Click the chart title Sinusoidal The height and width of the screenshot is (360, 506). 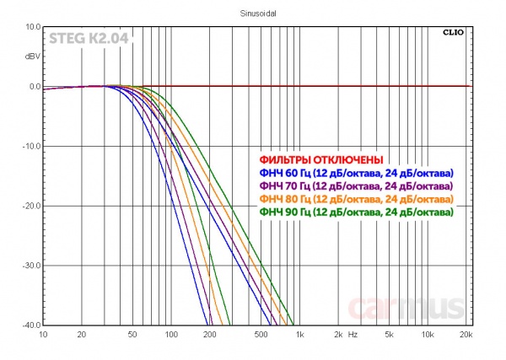click(x=252, y=13)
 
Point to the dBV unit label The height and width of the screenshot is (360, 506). click(x=32, y=56)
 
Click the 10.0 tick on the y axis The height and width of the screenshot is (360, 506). click(x=32, y=27)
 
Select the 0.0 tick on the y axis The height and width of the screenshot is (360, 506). click(x=34, y=87)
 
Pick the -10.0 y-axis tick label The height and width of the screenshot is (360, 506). click(x=30, y=147)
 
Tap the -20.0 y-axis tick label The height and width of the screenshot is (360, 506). click(x=30, y=206)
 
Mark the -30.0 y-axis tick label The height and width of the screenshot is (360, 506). click(x=30, y=266)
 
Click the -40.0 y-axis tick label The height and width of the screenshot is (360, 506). click(x=30, y=325)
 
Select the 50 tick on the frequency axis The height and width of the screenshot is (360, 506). click(x=132, y=336)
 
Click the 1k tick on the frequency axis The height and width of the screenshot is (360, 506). click(x=299, y=336)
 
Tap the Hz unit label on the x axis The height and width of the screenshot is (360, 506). click(x=353, y=336)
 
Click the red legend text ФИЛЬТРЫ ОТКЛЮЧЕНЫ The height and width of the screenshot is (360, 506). click(x=321, y=159)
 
